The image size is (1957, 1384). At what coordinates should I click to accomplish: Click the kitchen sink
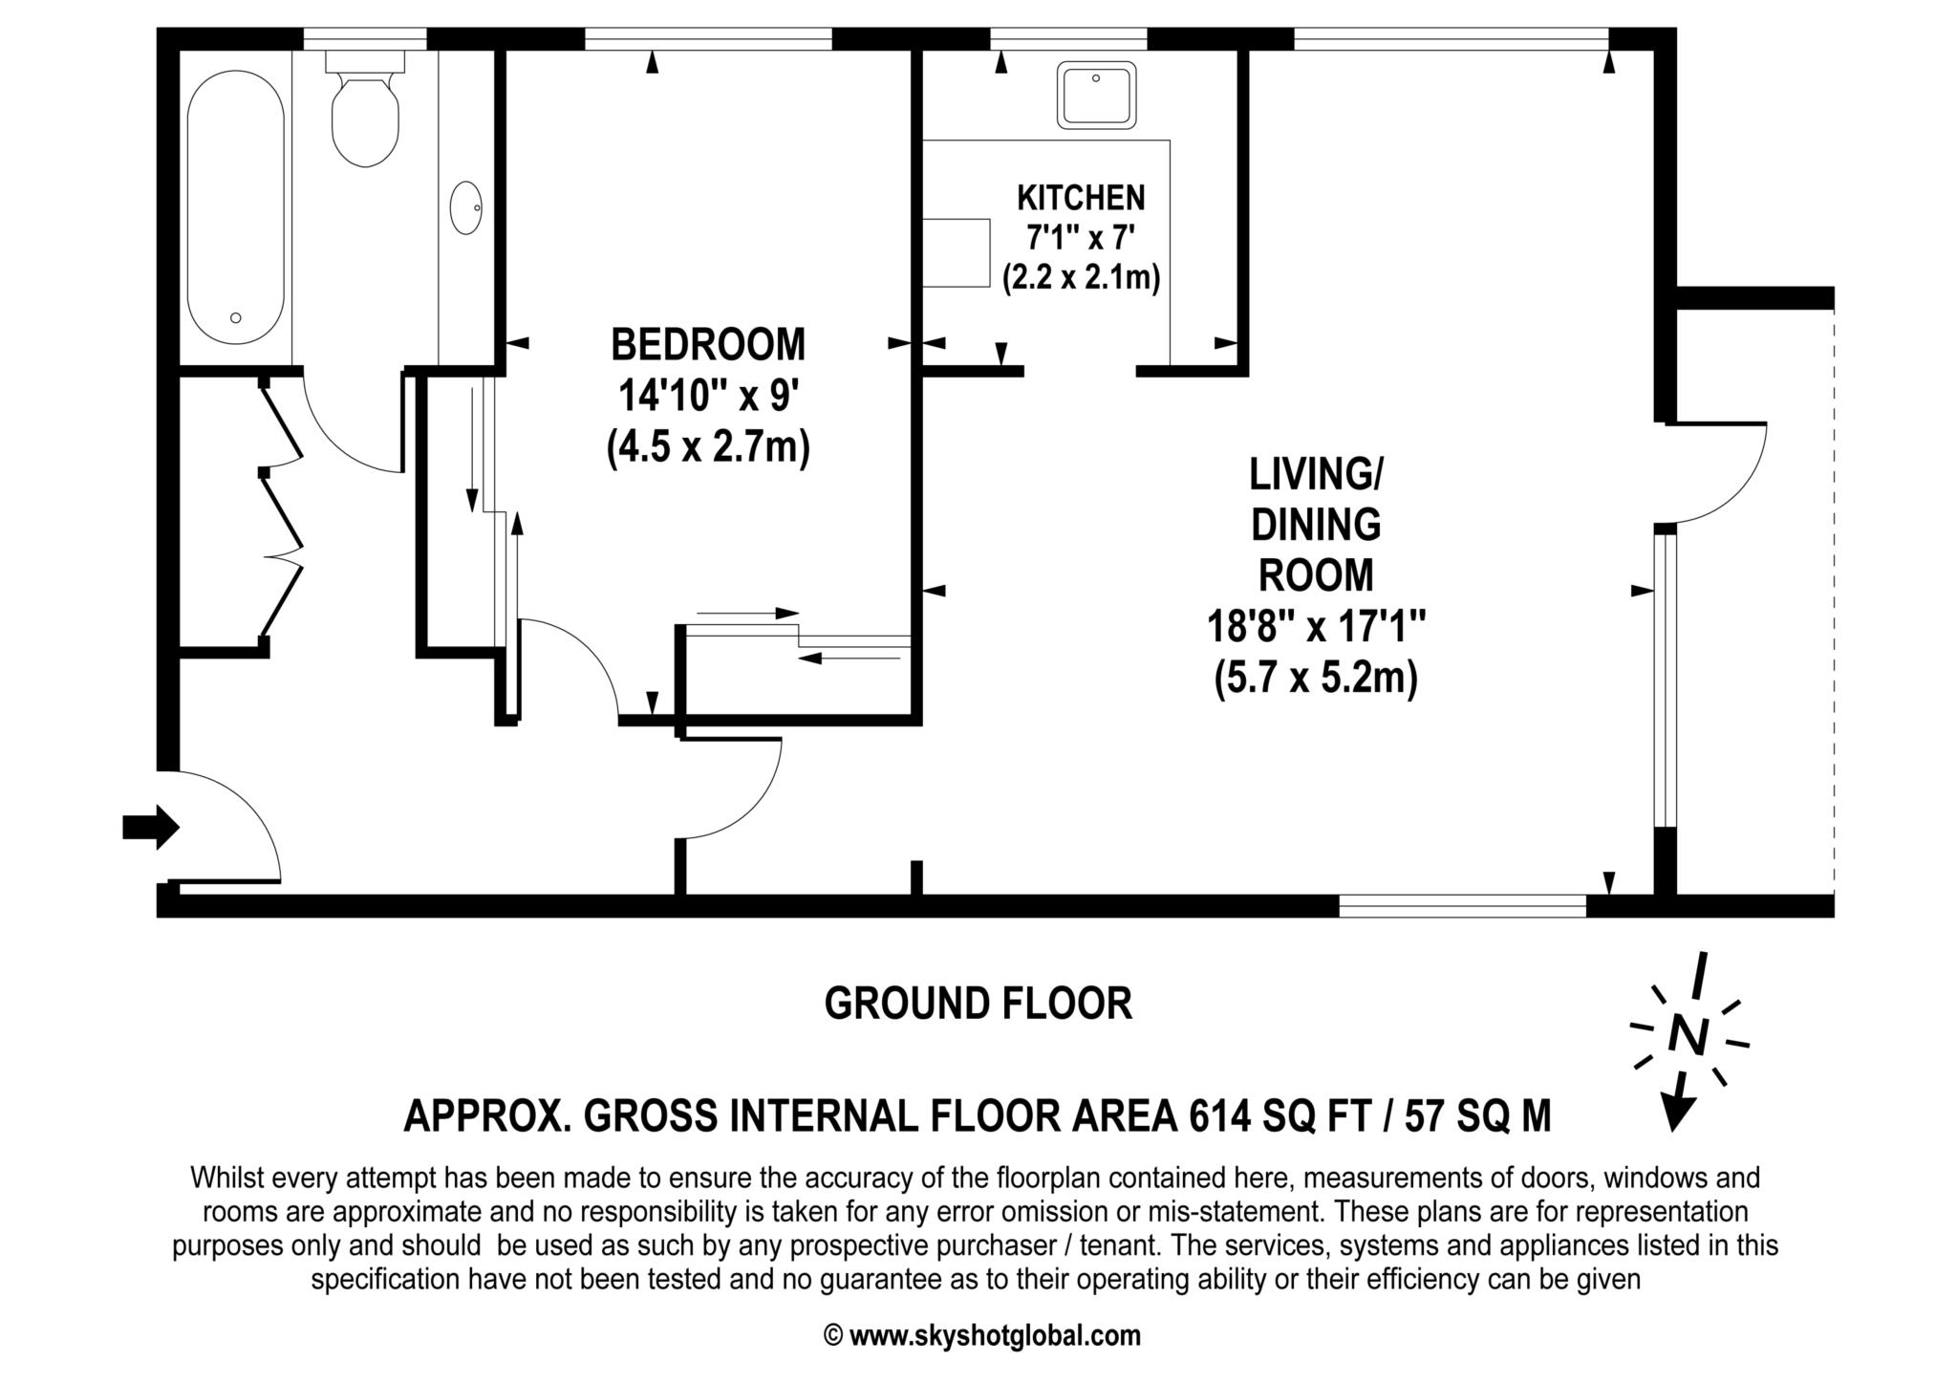point(1097,95)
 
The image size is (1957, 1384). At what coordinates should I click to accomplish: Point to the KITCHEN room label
point(1081,198)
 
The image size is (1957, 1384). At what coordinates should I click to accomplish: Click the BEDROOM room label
point(708,345)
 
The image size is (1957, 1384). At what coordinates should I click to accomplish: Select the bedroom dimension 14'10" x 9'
point(707,396)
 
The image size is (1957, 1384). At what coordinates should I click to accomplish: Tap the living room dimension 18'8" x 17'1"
point(1316,628)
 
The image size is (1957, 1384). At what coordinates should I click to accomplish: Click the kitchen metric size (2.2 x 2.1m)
point(1081,278)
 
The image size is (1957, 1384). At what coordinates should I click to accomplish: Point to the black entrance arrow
point(151,826)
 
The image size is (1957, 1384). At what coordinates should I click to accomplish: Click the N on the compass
point(1688,1035)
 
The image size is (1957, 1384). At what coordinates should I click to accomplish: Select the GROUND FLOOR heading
point(978,1004)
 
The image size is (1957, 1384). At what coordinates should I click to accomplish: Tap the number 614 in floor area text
point(1220,1115)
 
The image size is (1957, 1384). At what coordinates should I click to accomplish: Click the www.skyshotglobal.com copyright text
point(994,1335)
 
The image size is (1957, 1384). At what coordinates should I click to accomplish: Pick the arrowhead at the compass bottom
point(1677,1113)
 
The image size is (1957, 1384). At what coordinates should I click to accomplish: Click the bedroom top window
point(708,39)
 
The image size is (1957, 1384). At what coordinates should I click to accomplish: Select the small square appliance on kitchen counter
point(957,252)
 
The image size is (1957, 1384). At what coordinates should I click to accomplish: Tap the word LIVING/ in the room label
point(1316,474)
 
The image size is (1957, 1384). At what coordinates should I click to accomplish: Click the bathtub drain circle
point(236,318)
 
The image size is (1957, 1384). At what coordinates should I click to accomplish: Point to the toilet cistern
point(365,61)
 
